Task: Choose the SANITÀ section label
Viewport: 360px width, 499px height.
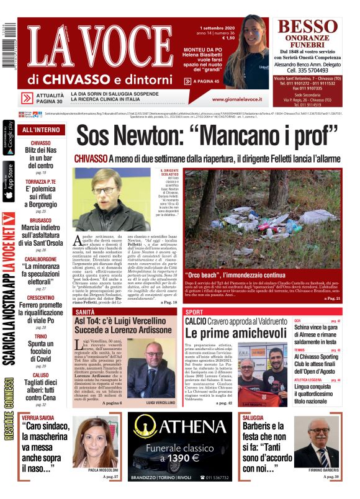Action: tap(85, 311)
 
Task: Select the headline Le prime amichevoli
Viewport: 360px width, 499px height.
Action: tap(231, 333)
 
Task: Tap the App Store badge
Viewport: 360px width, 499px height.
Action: tap(9, 181)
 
